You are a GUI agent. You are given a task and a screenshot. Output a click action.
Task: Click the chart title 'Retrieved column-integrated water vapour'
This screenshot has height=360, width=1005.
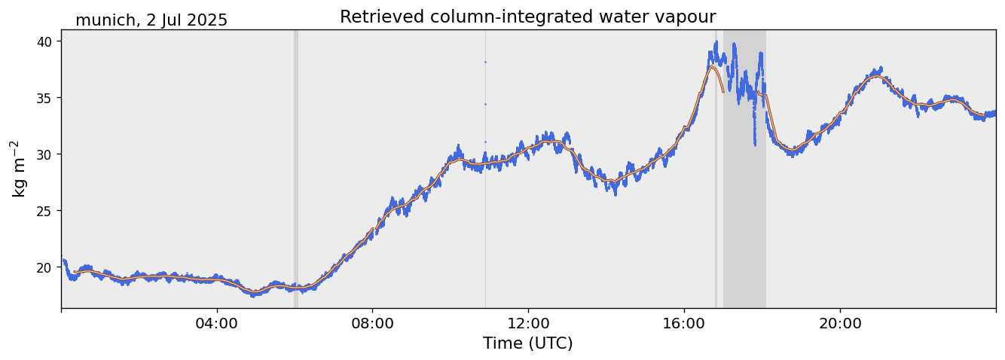point(527,17)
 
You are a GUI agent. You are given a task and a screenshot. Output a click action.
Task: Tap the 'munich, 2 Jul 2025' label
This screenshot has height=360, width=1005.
point(151,20)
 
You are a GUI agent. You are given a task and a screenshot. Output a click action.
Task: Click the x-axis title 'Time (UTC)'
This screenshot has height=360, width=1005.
point(527,343)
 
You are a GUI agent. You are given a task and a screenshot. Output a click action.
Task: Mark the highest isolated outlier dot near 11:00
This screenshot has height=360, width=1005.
point(485,62)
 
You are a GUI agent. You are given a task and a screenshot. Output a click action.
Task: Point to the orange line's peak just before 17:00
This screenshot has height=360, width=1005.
point(712,66)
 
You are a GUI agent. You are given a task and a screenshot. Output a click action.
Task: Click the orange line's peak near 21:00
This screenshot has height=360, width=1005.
point(875,76)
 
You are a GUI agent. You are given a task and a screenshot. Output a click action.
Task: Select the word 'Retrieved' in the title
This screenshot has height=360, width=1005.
point(374,17)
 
